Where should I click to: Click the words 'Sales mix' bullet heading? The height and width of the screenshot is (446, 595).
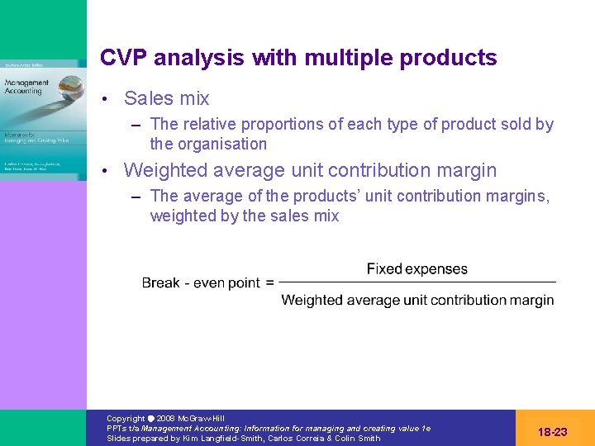coord(166,98)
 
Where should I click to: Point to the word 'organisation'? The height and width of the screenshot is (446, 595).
coord(221,144)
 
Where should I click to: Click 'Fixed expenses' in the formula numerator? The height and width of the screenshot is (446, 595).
coord(416,269)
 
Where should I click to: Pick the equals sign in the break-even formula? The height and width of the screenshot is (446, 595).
coord(269,283)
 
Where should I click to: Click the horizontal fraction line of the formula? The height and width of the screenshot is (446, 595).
coord(417,283)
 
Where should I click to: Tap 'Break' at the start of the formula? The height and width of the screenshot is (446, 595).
coord(160,283)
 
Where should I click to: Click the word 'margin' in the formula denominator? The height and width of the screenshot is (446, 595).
coord(532,300)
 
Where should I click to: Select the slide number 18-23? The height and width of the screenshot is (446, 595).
coord(552,431)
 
